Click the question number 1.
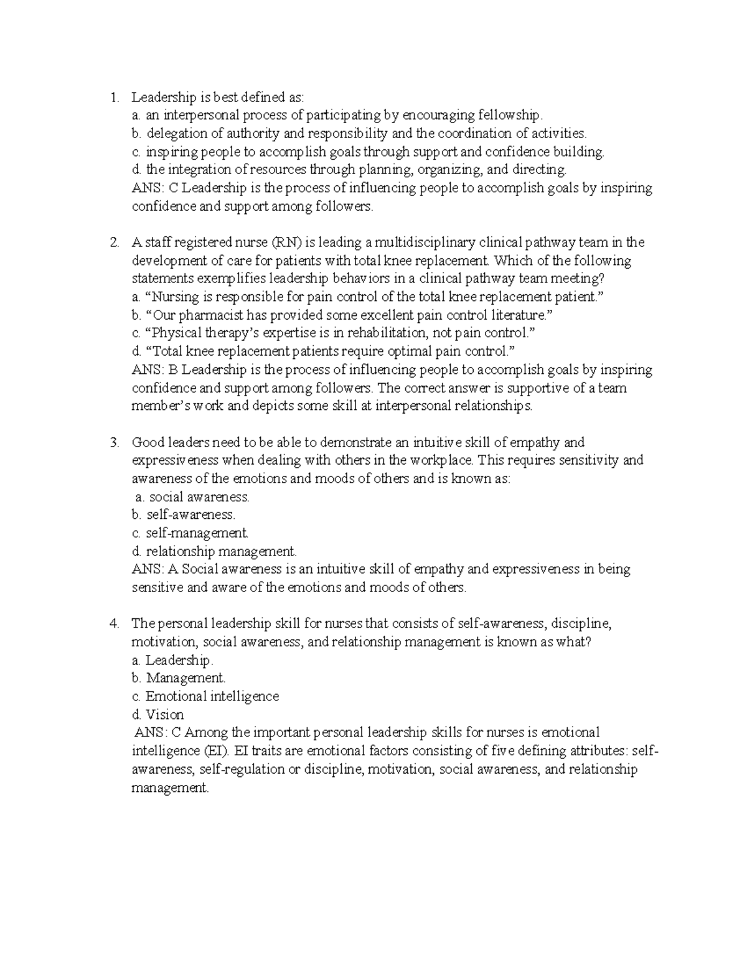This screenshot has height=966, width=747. point(113,97)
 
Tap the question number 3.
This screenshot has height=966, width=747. point(113,443)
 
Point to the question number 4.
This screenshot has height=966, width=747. point(113,623)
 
